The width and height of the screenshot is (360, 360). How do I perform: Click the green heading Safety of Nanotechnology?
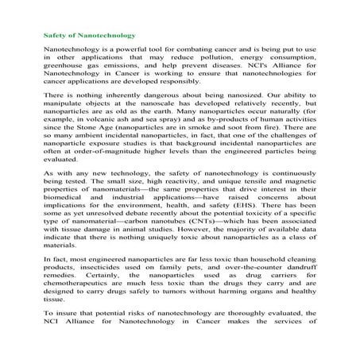[88, 36]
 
